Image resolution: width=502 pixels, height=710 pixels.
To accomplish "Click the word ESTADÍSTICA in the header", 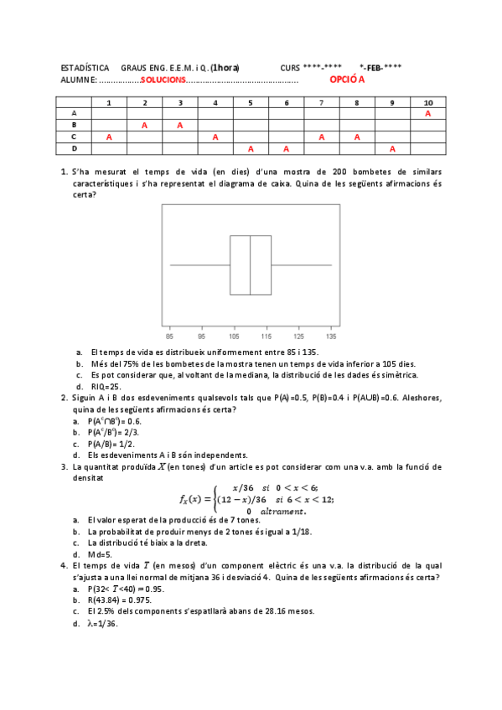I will (x=85, y=67).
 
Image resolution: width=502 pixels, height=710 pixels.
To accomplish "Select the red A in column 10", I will (x=428, y=113).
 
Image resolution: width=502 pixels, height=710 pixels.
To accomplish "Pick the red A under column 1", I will (x=109, y=136).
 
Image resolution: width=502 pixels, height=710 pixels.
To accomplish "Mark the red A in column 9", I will (x=392, y=148).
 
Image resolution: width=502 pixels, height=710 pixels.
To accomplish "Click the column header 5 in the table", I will (x=251, y=102).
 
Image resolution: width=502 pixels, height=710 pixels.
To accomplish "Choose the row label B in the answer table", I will (x=74, y=125).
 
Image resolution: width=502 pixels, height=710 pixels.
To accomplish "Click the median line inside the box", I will (x=251, y=265).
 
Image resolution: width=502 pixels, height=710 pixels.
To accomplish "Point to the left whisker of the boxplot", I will (x=199, y=265).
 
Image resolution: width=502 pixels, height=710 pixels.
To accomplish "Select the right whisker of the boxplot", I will (x=302, y=265).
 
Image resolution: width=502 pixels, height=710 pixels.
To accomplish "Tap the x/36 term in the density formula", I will (x=243, y=487).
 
